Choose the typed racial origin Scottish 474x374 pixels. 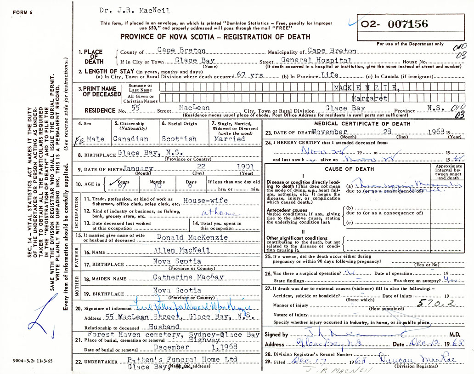click(x=179, y=138)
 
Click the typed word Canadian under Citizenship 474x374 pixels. click(x=130, y=138)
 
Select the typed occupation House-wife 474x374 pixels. click(x=204, y=201)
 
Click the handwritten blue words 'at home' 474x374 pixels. click(x=220, y=213)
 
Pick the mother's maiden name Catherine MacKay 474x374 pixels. click(x=188, y=277)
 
